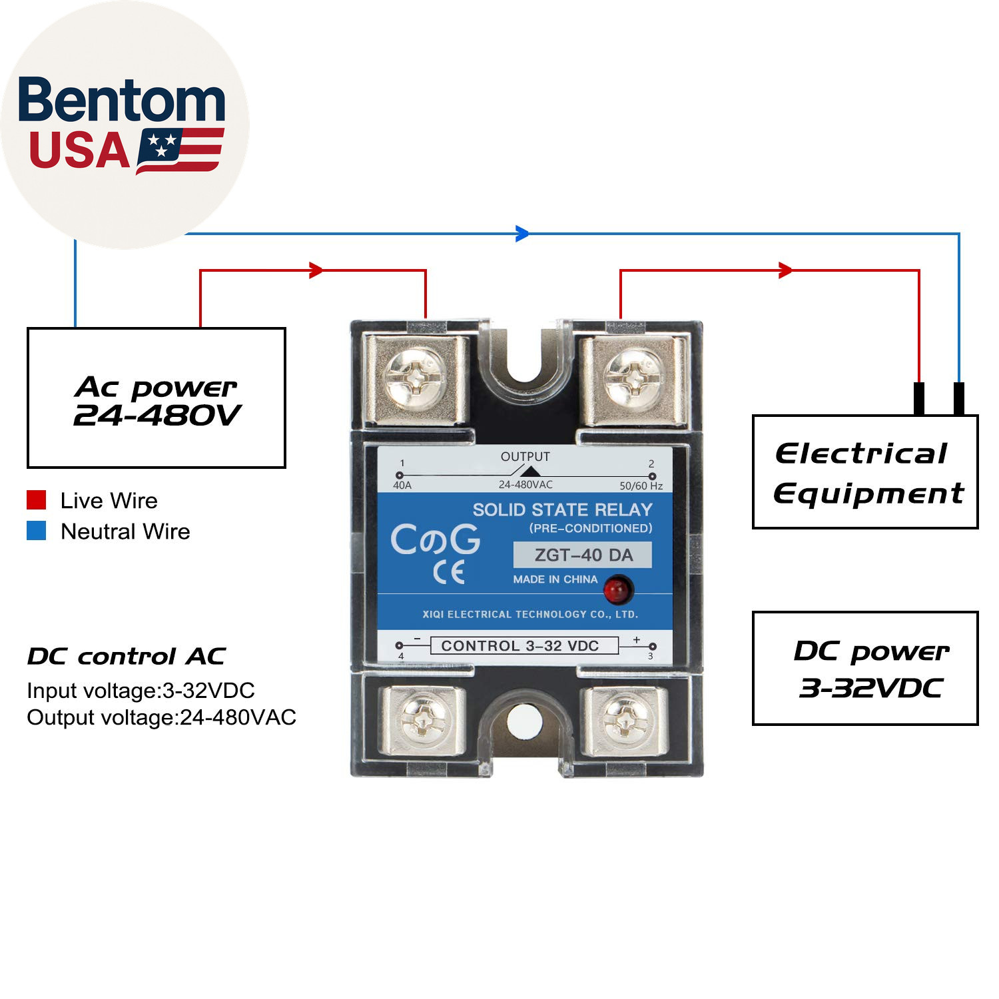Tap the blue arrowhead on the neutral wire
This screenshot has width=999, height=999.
click(x=523, y=234)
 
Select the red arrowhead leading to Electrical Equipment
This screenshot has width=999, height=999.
click(x=786, y=270)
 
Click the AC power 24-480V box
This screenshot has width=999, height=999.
click(x=157, y=398)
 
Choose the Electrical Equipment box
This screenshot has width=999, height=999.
click(x=865, y=472)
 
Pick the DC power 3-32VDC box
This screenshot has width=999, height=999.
click(x=865, y=668)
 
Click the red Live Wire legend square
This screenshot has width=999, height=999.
click(x=37, y=500)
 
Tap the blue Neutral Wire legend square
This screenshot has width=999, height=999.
click(x=37, y=531)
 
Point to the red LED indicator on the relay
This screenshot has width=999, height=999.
click(x=617, y=590)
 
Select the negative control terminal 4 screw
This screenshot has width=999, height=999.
click(x=422, y=721)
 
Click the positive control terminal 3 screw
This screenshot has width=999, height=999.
click(x=625, y=721)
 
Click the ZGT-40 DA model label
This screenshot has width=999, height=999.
click(x=583, y=555)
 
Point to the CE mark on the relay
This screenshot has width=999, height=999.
click(x=448, y=572)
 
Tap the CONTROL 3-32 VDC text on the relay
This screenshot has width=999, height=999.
click(x=520, y=645)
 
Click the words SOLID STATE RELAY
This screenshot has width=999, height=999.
click(x=562, y=509)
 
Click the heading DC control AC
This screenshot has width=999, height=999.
click(x=127, y=656)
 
